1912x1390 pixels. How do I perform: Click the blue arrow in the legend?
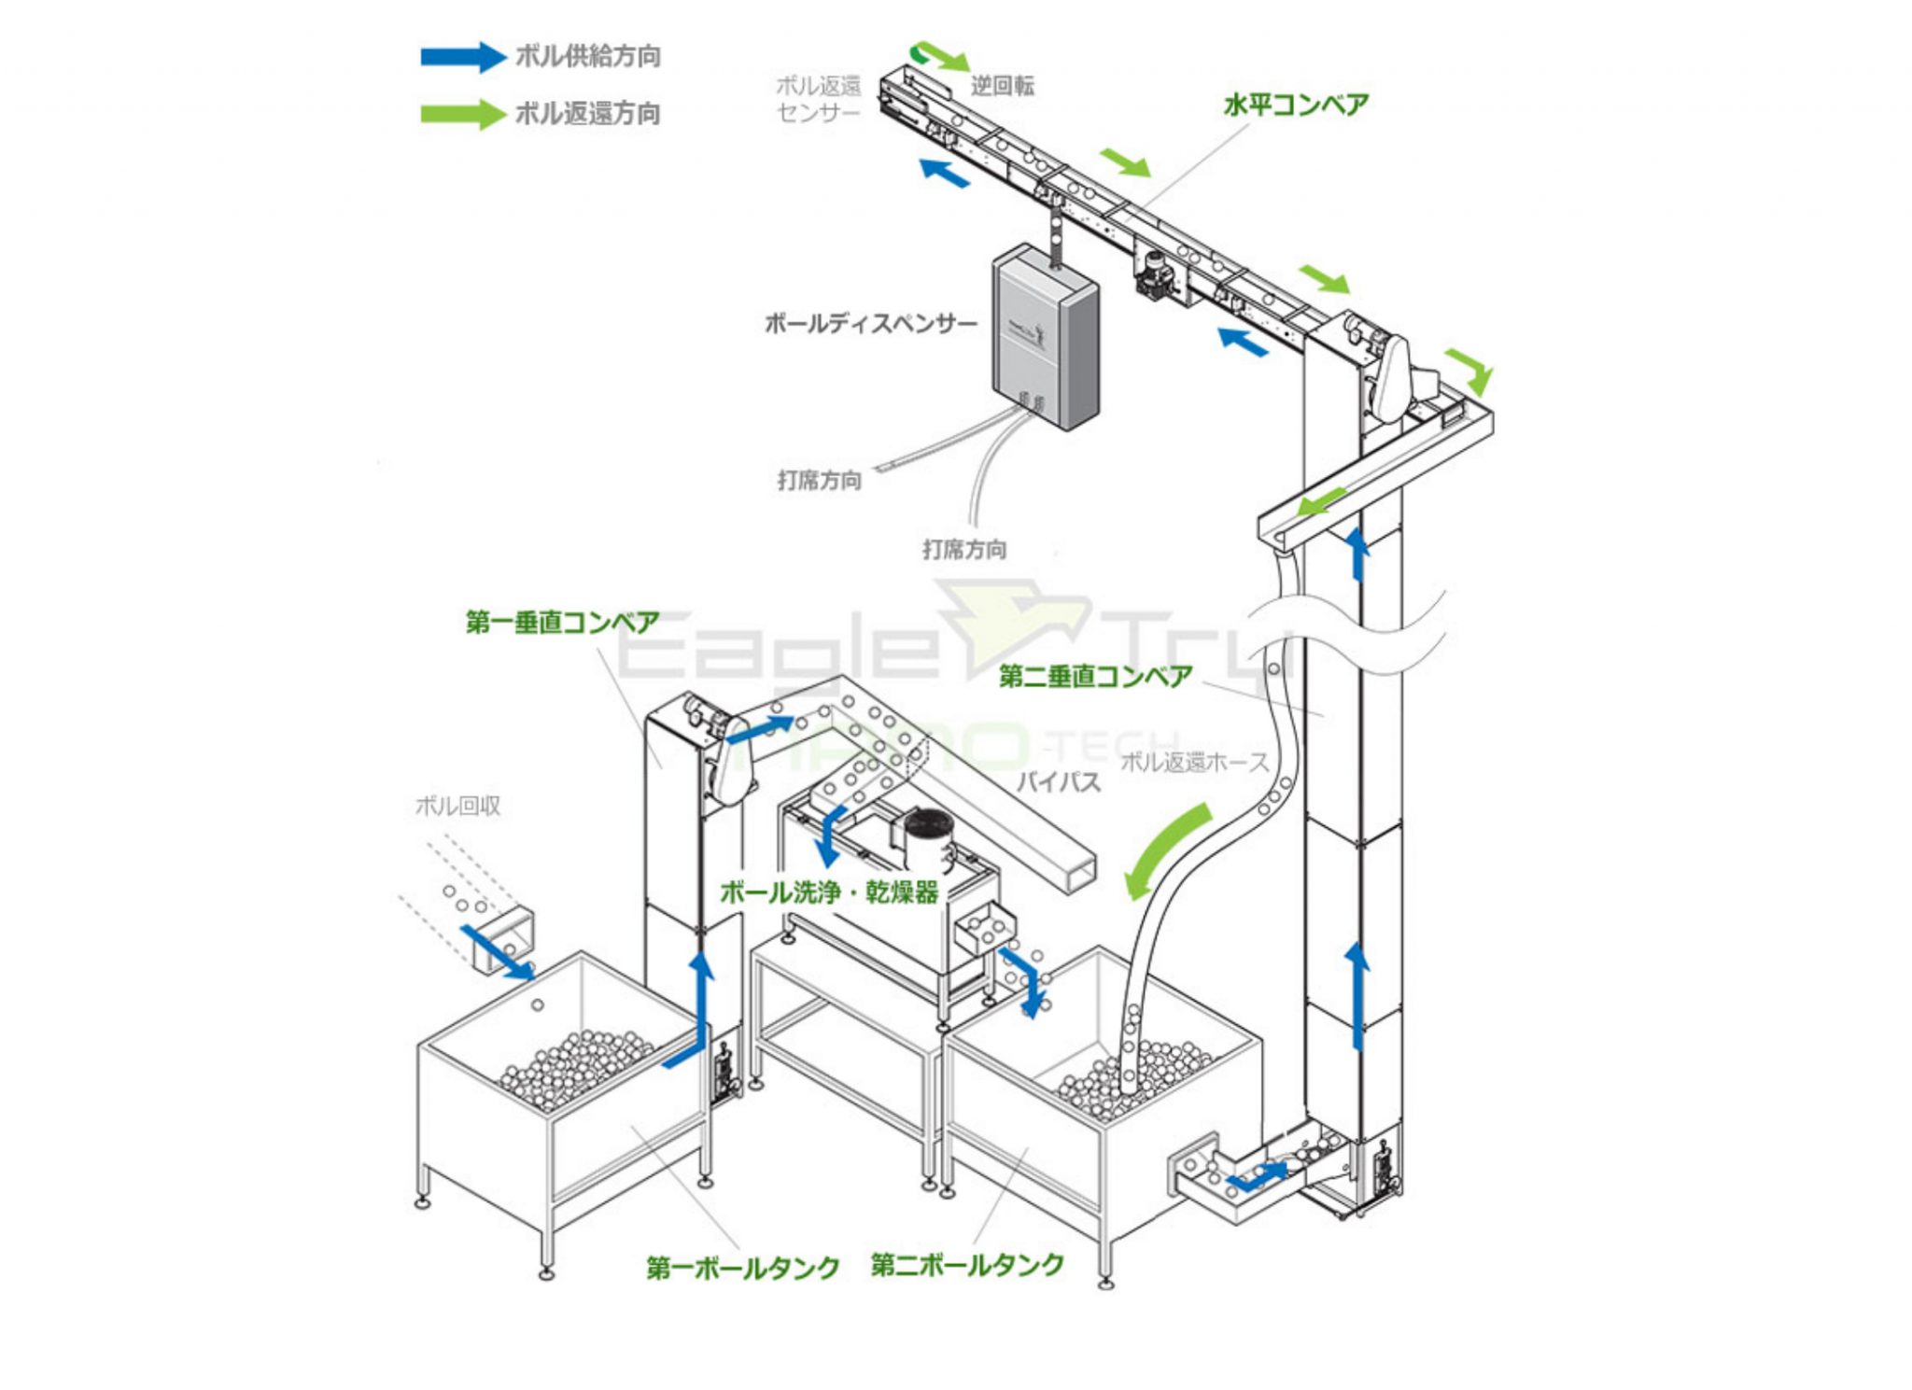(462, 57)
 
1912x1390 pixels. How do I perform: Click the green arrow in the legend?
(462, 114)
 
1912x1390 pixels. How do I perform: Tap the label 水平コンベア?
(1296, 105)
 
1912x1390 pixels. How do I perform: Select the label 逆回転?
(1003, 87)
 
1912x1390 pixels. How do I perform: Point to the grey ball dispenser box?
(1044, 336)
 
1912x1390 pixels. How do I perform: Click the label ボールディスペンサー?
(870, 324)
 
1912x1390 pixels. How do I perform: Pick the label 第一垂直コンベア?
(562, 622)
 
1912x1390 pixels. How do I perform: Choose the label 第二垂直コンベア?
(1095, 676)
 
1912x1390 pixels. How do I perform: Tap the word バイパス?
(1058, 780)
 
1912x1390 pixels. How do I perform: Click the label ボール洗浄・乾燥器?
(829, 892)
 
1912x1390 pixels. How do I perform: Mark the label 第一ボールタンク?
(743, 1267)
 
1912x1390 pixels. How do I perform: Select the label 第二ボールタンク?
(967, 1265)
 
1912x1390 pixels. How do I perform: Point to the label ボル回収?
(457, 806)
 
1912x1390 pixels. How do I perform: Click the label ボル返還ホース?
(1194, 762)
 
